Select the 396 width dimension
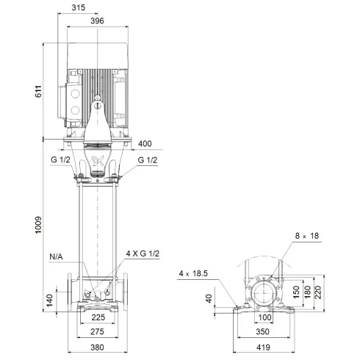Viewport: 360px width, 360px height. pyautogui.click(x=97, y=21)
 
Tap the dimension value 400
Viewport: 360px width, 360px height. pyautogui.click(x=145, y=143)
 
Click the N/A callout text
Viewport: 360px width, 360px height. pyautogui.click(x=57, y=256)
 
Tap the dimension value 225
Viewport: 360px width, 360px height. pyautogui.click(x=98, y=319)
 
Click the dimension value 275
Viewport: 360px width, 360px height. pyautogui.click(x=98, y=333)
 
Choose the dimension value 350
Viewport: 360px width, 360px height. pyautogui.click(x=264, y=333)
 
